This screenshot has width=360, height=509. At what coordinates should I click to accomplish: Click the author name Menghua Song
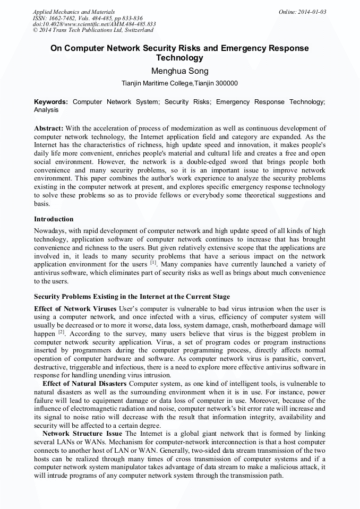180,71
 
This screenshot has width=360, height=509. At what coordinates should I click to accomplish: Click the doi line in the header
94,24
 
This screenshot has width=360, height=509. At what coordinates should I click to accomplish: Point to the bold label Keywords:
51,101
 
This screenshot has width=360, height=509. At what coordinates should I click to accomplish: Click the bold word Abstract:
49,129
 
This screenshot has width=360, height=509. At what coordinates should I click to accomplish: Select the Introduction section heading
54,219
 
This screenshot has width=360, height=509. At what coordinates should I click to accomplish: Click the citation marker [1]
153,263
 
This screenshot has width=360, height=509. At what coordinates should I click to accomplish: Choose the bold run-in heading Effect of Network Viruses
76,308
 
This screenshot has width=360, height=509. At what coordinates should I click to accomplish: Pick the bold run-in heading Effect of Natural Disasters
84,383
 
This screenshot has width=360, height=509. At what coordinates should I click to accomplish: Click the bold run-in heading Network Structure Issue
82,434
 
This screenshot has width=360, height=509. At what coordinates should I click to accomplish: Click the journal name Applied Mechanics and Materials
74,11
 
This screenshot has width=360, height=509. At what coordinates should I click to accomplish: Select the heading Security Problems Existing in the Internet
132,296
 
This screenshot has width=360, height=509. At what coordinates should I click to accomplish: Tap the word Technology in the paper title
180,57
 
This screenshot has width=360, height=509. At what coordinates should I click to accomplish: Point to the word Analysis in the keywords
46,110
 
